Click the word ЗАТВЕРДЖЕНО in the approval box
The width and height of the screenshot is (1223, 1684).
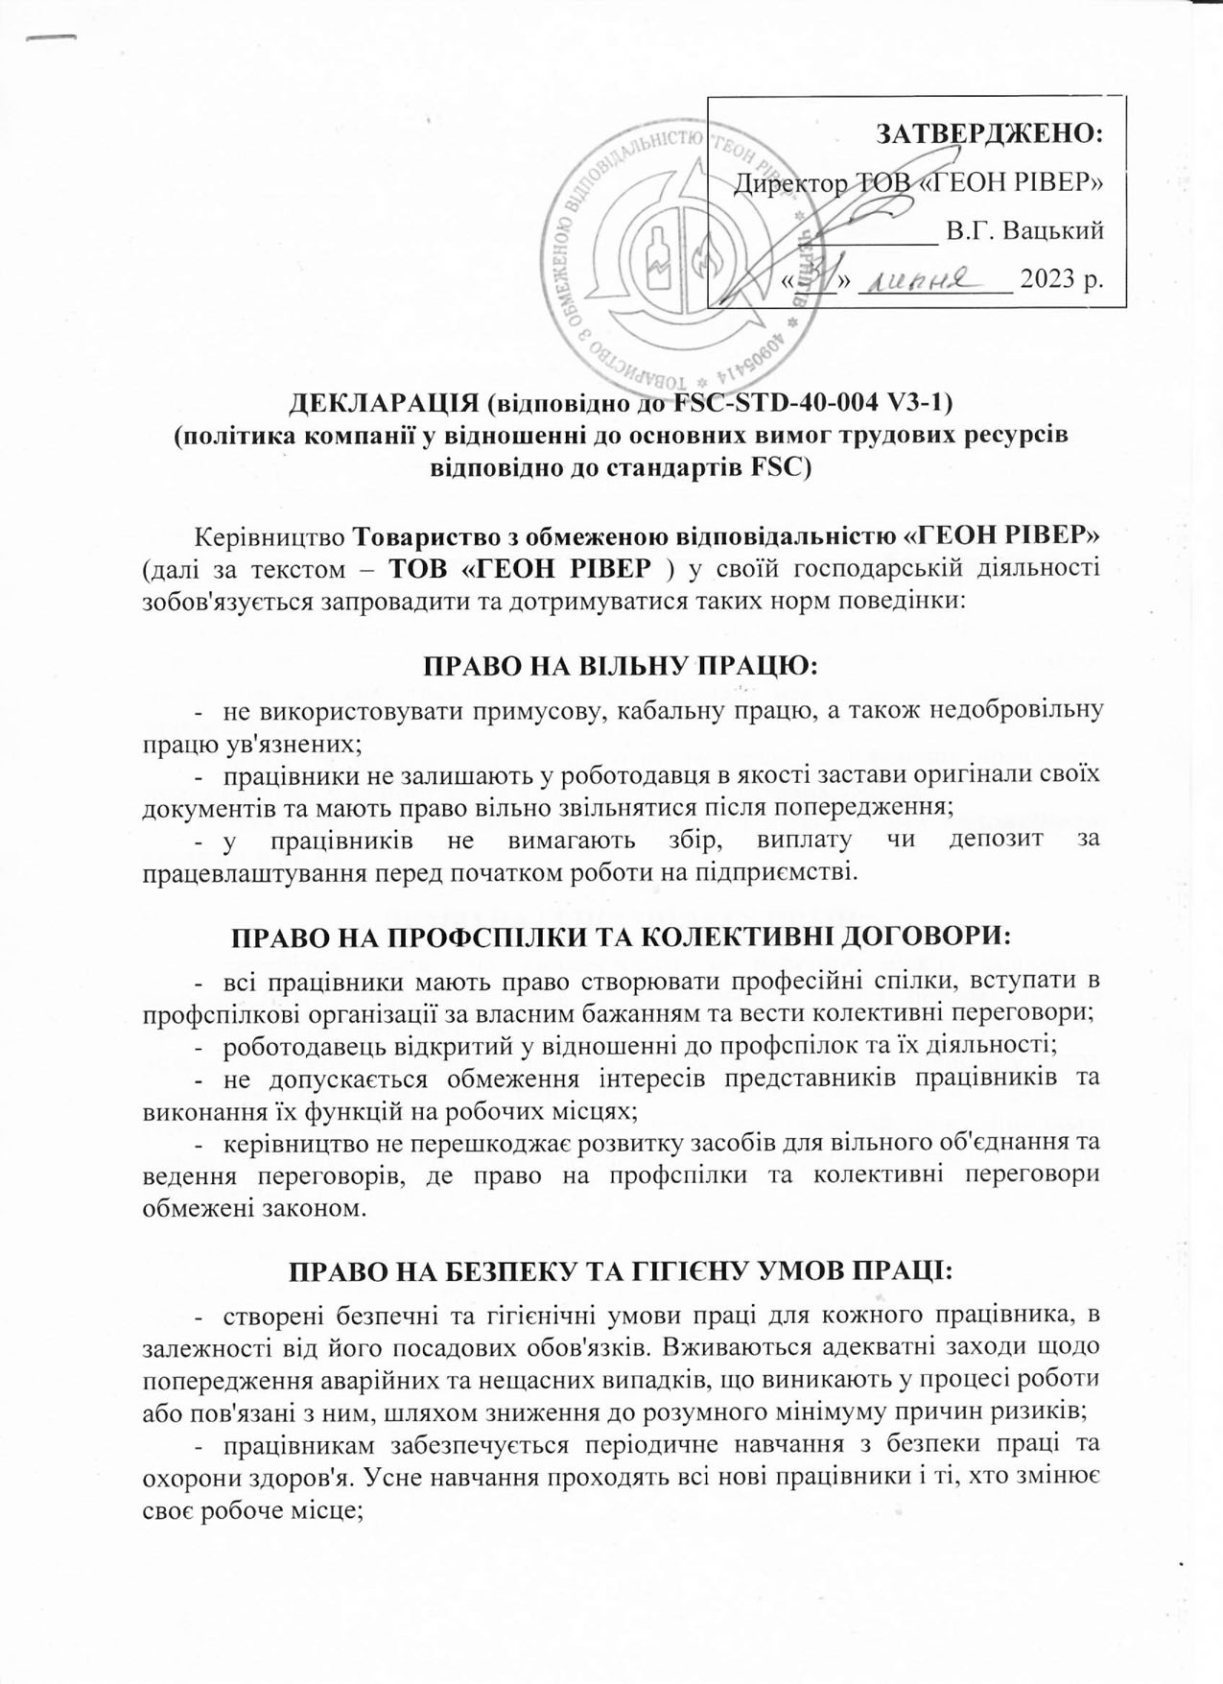click(x=989, y=132)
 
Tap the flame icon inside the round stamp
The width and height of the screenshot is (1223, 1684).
click(x=704, y=259)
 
